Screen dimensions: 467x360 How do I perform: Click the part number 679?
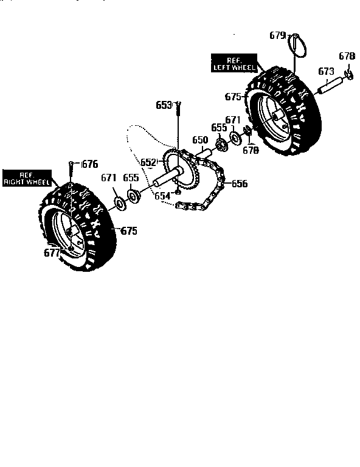point(277,36)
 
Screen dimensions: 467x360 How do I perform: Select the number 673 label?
point(327,71)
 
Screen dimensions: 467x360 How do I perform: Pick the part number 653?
point(164,105)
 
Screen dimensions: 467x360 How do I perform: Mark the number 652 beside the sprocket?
point(149,162)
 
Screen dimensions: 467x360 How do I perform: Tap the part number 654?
point(162,196)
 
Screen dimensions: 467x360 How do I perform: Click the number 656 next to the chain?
point(240,183)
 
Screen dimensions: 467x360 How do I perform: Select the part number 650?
point(200,140)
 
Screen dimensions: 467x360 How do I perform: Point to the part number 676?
point(89,163)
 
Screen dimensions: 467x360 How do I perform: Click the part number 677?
point(52,252)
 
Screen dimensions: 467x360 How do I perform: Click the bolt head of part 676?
point(72,162)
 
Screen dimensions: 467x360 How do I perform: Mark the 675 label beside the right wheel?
point(128,230)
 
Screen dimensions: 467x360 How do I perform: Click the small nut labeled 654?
point(178,193)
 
